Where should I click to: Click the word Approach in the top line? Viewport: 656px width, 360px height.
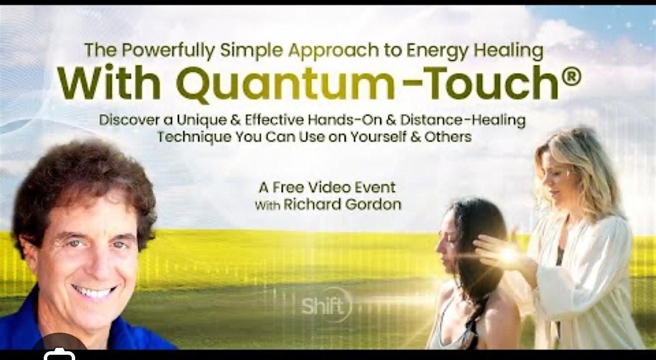tap(334, 51)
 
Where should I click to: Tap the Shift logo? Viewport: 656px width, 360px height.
tap(325, 305)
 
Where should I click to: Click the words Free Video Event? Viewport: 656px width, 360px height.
tap(335, 187)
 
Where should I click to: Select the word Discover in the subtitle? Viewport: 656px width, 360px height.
tap(129, 121)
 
